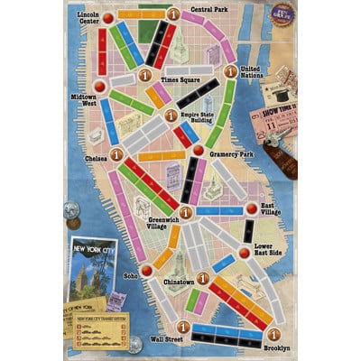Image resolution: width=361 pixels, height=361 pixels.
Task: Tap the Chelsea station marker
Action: tap(116, 156)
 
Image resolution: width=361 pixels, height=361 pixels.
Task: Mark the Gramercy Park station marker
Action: tap(197, 150)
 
